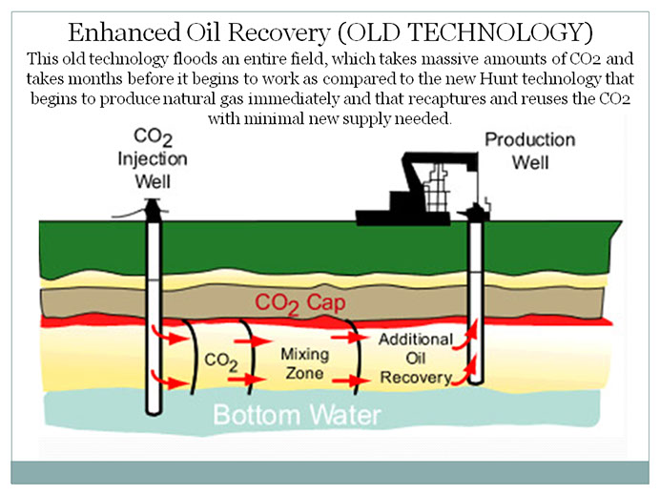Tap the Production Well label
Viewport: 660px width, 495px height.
click(x=530, y=151)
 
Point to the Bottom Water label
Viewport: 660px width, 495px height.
click(x=296, y=416)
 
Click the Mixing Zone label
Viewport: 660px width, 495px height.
click(x=303, y=363)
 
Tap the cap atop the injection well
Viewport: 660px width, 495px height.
click(x=152, y=205)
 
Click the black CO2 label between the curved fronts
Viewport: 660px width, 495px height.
click(x=221, y=361)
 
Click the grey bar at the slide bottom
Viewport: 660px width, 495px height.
click(x=329, y=471)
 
